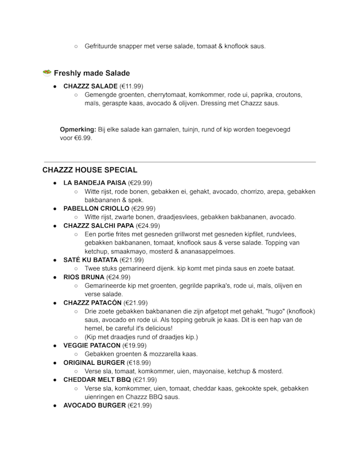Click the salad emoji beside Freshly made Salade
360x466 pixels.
(47, 73)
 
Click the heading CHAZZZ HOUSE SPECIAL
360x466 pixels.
(89, 170)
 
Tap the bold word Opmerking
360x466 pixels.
(78, 129)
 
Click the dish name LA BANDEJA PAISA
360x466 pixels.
(94, 183)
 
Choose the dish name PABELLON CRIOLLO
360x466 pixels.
(96, 208)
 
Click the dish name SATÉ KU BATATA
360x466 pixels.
(91, 260)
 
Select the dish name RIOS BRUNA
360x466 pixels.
(84, 277)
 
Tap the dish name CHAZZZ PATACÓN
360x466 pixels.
(92, 303)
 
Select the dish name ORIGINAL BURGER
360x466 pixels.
(94, 362)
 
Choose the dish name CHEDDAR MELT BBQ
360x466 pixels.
(97, 380)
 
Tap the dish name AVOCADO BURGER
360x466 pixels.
(94, 405)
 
